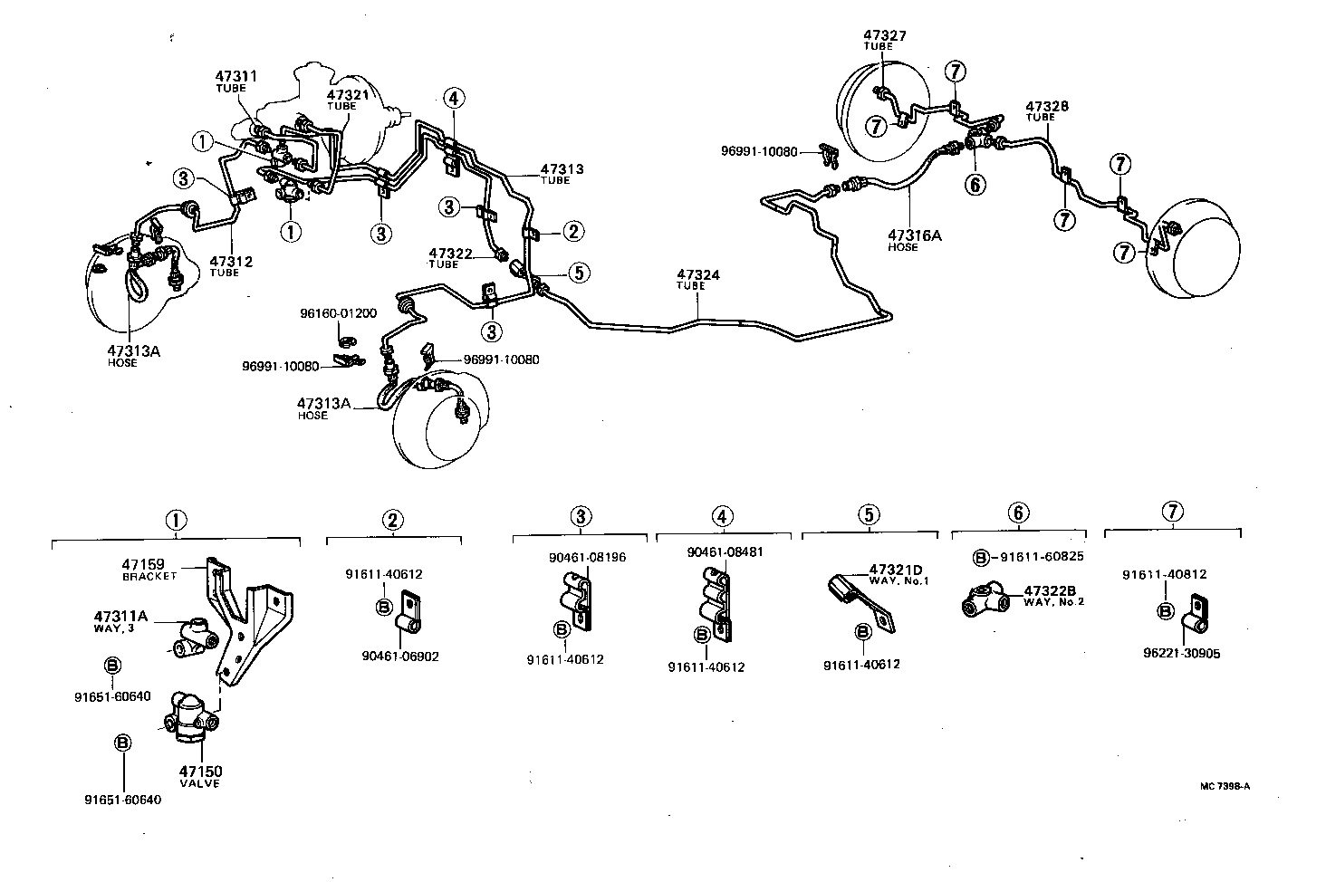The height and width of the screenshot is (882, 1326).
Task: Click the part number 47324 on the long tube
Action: click(695, 273)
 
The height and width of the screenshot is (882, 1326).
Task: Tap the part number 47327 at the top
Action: click(884, 35)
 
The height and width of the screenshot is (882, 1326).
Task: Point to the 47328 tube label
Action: click(1046, 106)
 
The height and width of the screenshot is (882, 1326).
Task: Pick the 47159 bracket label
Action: click(143, 564)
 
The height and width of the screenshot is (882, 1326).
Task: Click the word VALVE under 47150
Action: click(199, 783)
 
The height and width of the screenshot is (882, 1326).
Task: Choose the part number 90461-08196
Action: click(587, 557)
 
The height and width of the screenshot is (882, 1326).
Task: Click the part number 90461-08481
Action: click(725, 551)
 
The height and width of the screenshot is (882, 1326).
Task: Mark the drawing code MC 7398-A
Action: click(1225, 786)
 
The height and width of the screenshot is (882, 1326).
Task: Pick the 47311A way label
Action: click(123, 618)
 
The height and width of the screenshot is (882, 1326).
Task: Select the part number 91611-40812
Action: click(1164, 574)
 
